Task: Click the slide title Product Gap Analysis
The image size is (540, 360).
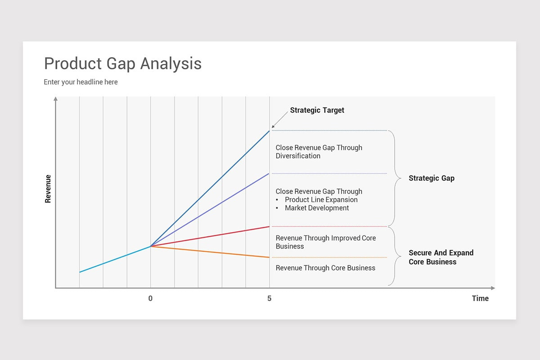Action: coord(122,63)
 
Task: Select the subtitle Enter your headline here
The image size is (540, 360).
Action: coord(81,82)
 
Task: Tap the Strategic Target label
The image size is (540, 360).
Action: coord(317,110)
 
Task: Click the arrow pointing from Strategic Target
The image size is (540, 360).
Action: coord(280,120)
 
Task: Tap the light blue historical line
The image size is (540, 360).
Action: coord(115,259)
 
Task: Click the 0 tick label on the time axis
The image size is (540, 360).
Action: coord(150,298)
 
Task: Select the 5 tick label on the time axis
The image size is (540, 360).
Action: coord(269,298)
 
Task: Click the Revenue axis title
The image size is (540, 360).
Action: coord(48,189)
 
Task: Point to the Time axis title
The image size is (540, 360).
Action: coord(480,298)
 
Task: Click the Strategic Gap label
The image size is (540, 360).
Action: coord(431,178)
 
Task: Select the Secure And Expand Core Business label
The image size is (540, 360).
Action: coord(441,257)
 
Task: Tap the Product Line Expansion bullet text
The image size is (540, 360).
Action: coord(321,199)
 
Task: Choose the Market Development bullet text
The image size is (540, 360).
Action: coord(316,208)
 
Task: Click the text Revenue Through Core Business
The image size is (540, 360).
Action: coord(325,268)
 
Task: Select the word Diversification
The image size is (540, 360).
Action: coord(298,156)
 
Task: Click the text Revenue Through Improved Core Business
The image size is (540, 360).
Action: coord(325,242)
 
